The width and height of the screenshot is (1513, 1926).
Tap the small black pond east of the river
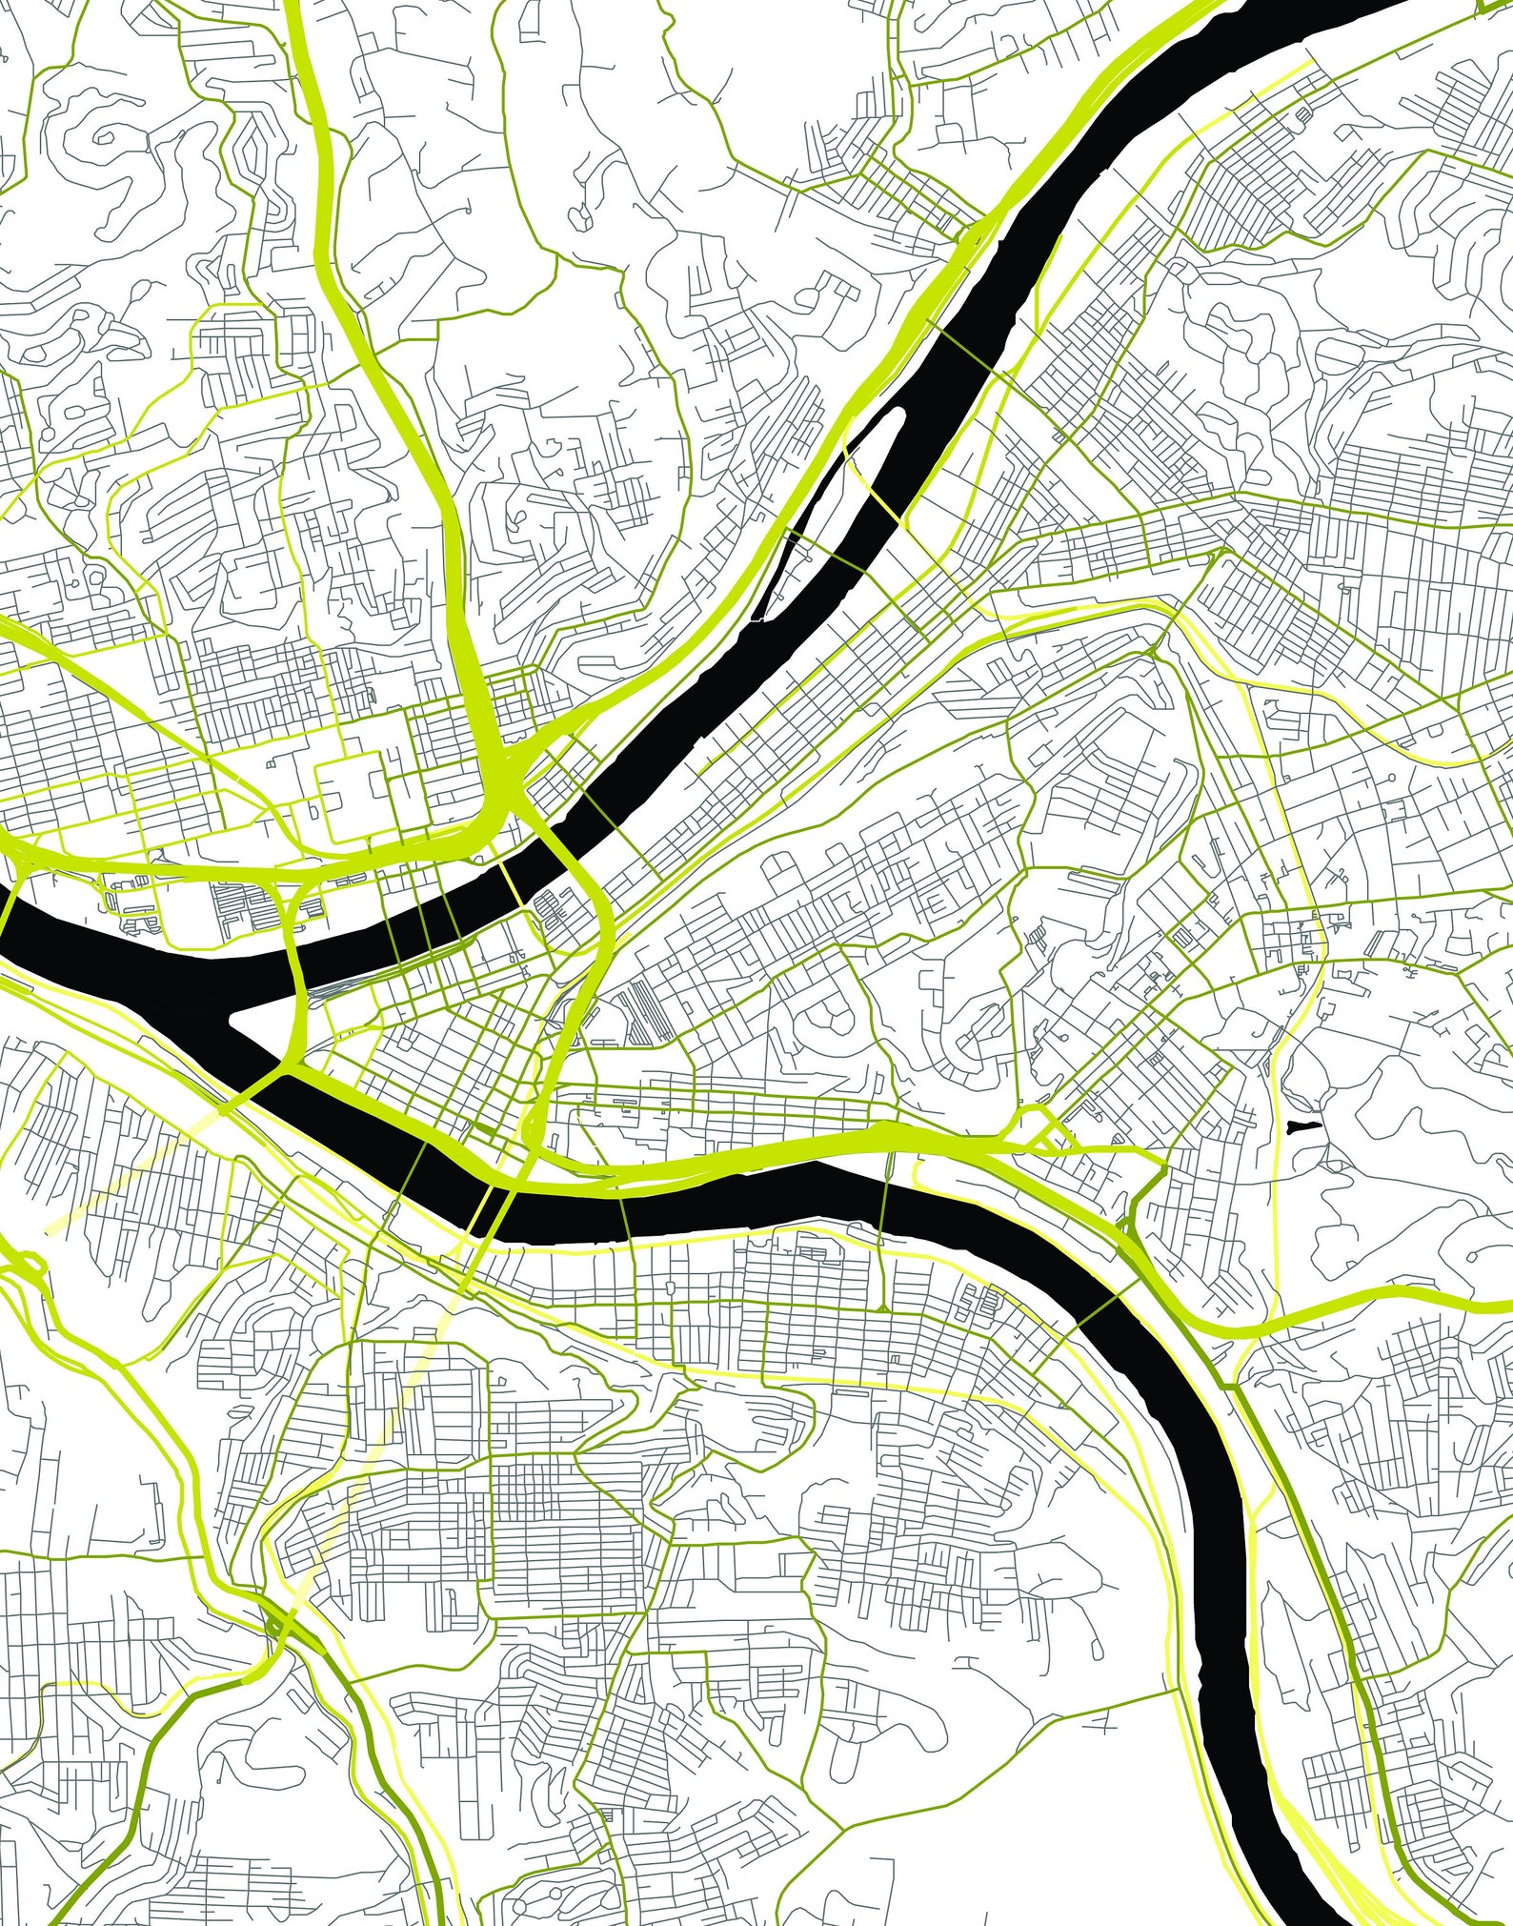pyautogui.click(x=1300, y=1127)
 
